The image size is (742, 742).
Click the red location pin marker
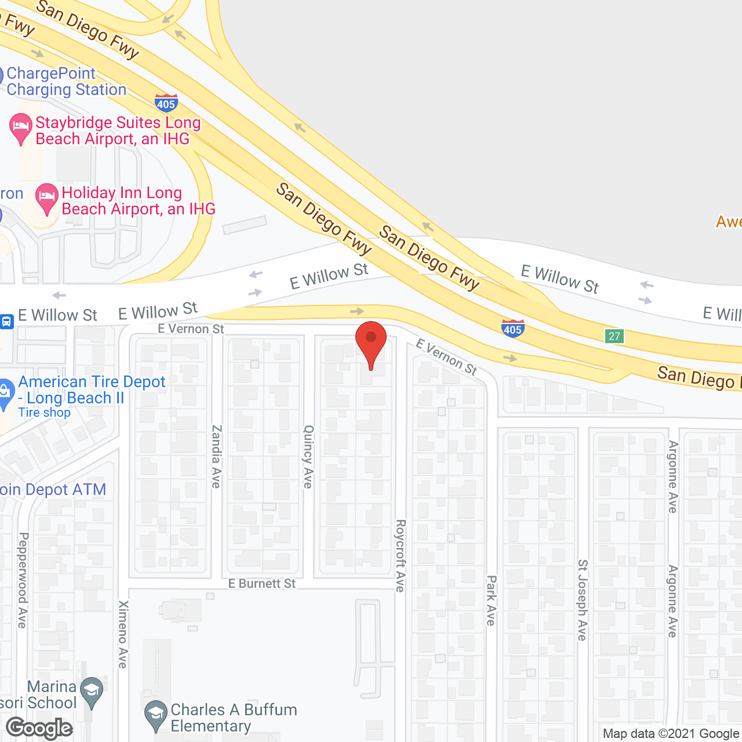(x=370, y=342)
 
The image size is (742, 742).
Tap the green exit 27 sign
(x=614, y=336)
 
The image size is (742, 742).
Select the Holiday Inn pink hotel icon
(x=46, y=198)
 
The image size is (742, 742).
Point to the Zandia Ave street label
(x=216, y=457)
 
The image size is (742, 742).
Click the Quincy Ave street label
(x=308, y=457)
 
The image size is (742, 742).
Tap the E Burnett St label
(x=261, y=584)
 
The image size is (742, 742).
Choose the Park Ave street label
(x=491, y=601)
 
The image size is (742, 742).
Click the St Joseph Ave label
(x=582, y=600)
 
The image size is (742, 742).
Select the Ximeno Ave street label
(x=123, y=634)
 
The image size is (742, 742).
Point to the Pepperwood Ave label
(x=23, y=580)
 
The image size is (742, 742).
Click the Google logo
(x=39, y=728)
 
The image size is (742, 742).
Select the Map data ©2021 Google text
(x=671, y=734)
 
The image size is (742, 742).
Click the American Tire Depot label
(x=92, y=390)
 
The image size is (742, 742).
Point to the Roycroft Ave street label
(x=400, y=555)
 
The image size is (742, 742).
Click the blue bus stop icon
(x=6, y=321)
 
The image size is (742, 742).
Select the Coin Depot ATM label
(x=52, y=490)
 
